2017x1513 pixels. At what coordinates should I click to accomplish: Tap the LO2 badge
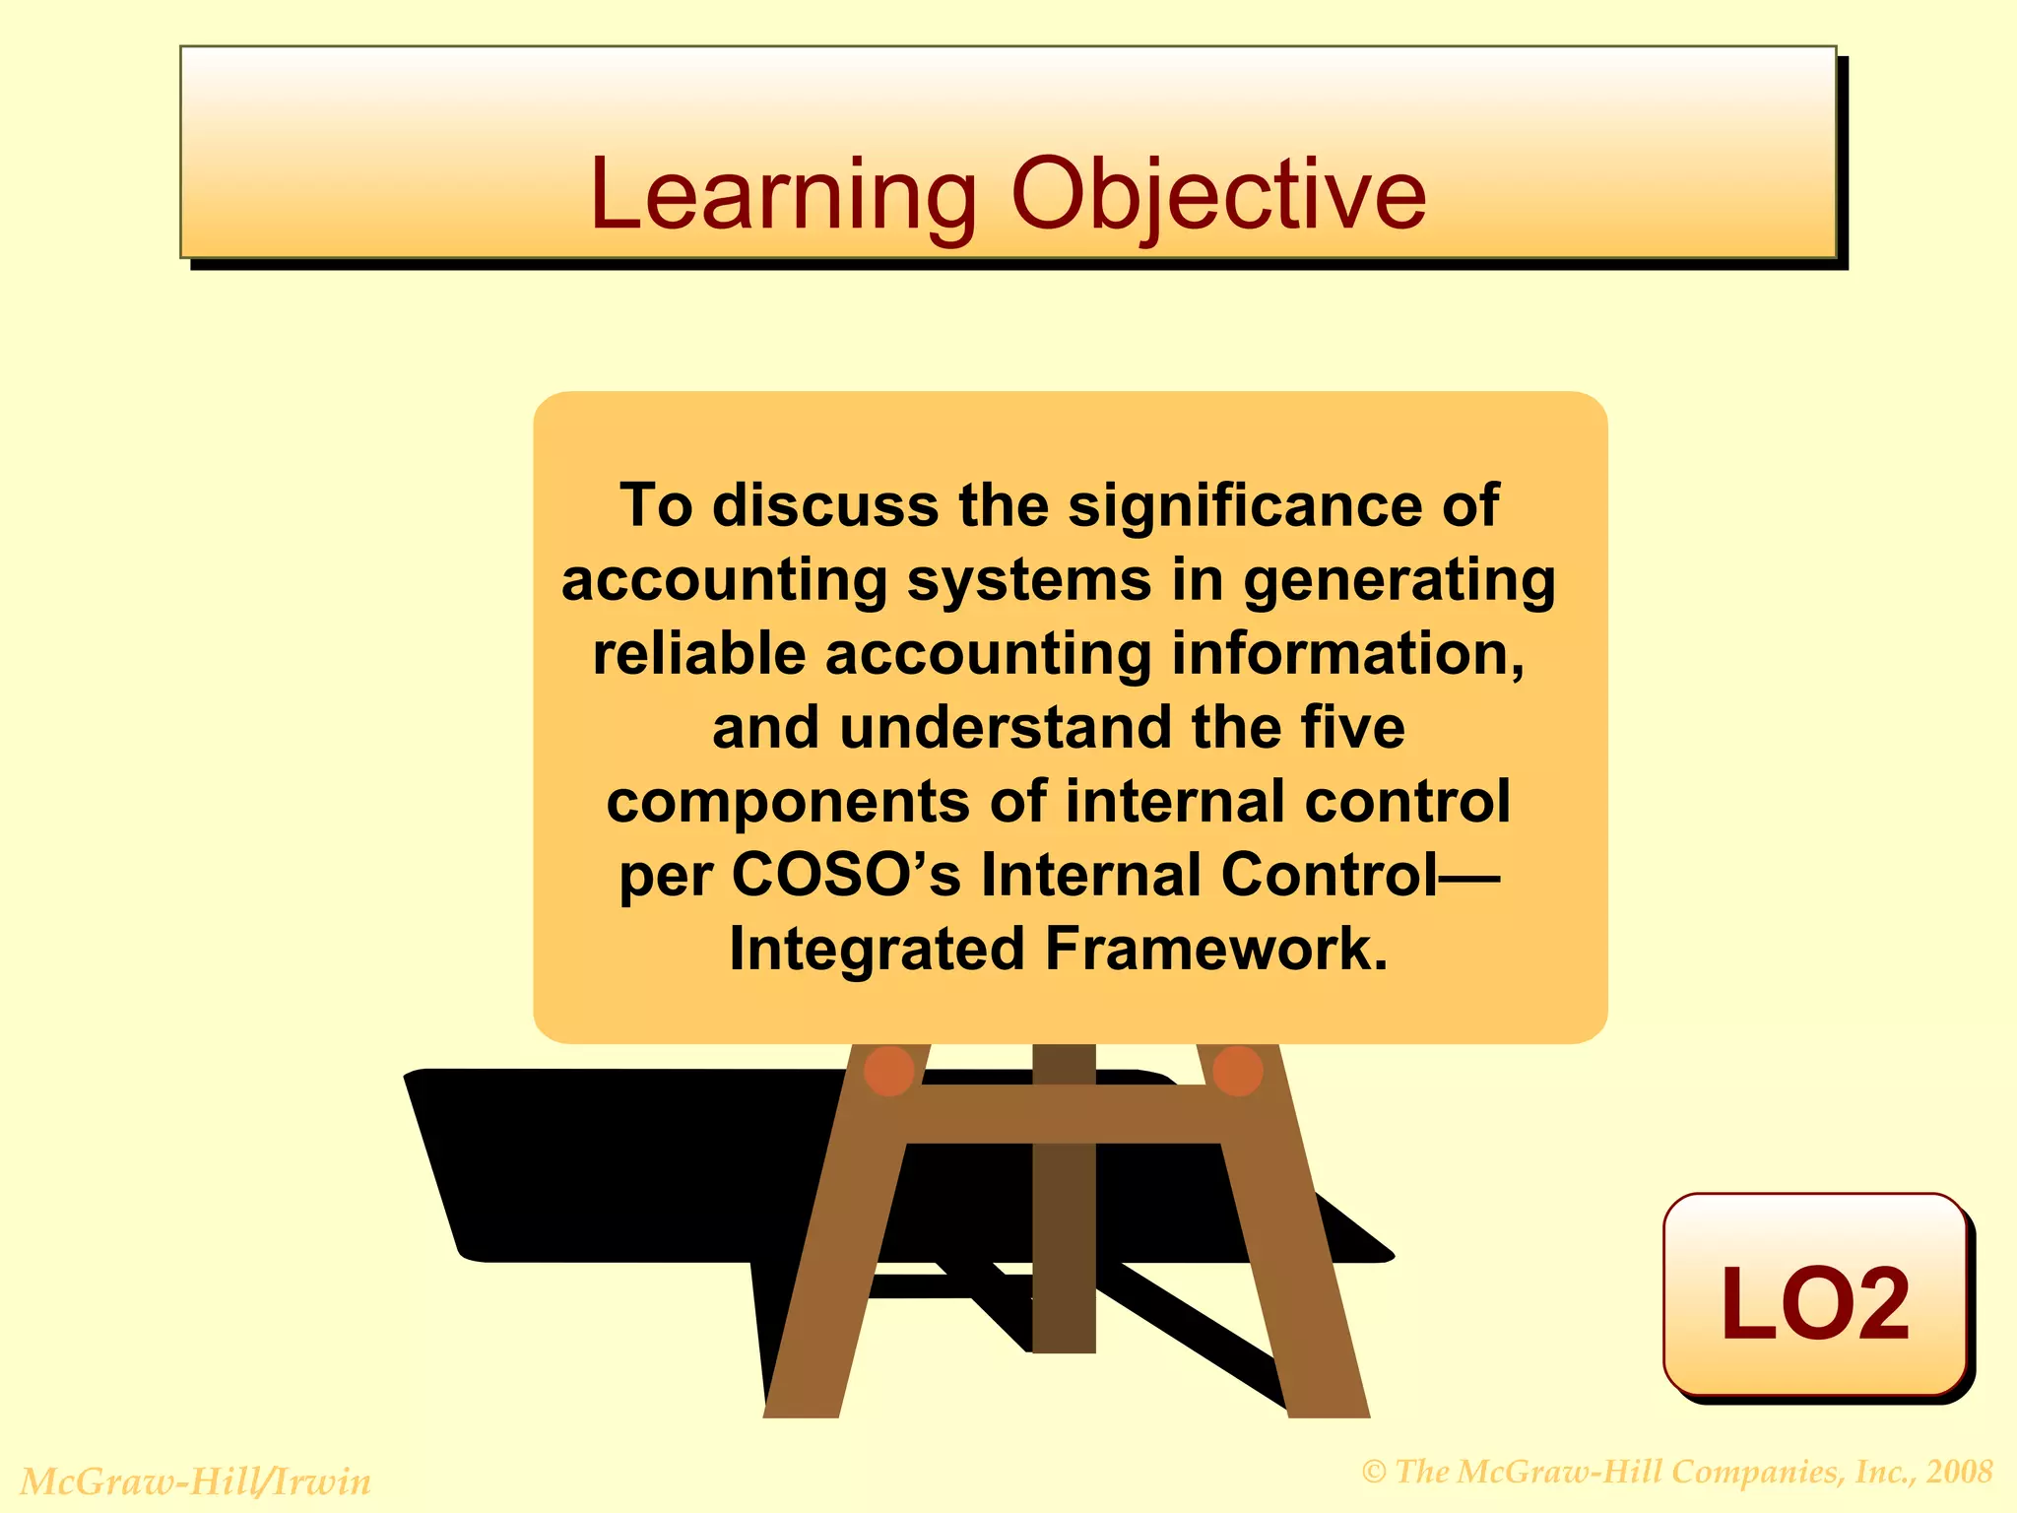1814,1300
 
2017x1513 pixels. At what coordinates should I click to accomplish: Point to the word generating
1399,579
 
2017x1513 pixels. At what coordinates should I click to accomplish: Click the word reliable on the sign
698,653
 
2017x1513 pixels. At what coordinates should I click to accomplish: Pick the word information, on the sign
1348,653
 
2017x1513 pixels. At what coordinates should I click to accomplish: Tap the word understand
1006,727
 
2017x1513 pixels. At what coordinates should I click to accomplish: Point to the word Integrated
877,949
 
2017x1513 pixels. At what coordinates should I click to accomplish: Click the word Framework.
1215,949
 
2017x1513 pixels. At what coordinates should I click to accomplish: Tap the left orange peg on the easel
888,1071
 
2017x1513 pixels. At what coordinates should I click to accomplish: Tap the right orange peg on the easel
1238,1071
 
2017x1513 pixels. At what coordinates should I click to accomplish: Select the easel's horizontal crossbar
1064,1114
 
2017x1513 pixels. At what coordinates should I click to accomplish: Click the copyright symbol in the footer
1374,1473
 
